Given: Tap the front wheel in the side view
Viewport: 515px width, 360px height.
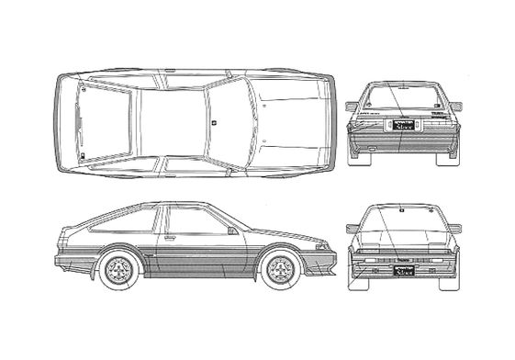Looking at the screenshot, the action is [279, 268].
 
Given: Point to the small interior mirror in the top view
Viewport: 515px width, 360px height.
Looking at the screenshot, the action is [213, 118].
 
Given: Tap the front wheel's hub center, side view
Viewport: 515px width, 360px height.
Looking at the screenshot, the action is [279, 268].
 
